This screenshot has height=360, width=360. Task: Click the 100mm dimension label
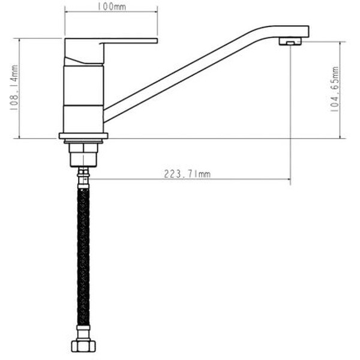point(112,7)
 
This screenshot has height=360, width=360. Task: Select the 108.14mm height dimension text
point(14,88)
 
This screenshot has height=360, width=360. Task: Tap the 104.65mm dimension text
point(334,89)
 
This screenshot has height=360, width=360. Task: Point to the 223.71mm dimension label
point(187,174)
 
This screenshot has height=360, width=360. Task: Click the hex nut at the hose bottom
point(83,346)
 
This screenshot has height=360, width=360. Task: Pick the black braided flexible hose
point(83,257)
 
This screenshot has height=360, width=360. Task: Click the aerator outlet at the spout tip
point(290,41)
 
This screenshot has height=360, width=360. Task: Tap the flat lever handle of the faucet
point(130,41)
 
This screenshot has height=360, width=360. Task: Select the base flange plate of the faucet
point(83,136)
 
